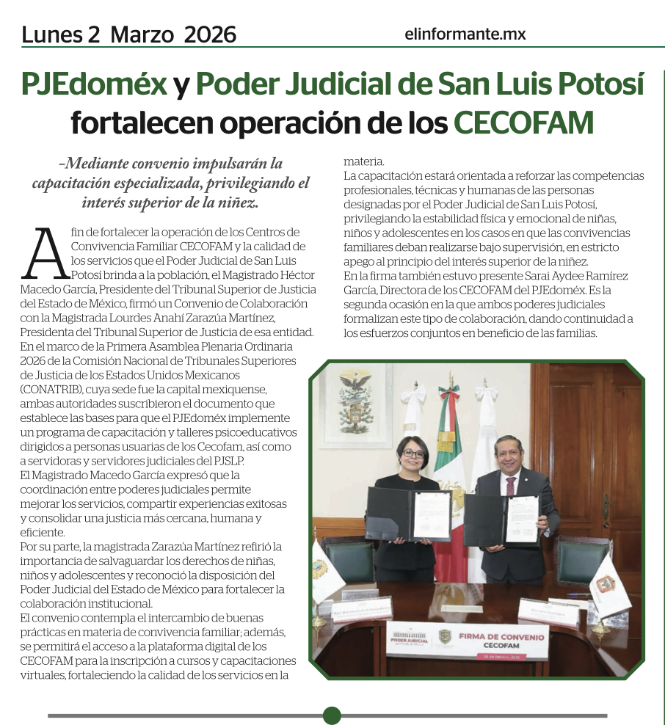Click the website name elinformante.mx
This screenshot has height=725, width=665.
point(465,34)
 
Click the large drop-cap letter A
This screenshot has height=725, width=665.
point(46,253)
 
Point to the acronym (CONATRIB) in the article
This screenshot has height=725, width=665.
point(51,388)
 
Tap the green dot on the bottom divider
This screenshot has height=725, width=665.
point(332,715)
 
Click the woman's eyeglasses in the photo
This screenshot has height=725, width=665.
point(413,453)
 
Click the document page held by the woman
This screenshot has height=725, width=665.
point(431,514)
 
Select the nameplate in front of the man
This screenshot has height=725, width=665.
point(548,609)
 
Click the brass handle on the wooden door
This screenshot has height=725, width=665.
point(606,506)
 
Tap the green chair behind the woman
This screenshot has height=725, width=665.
point(349,561)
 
